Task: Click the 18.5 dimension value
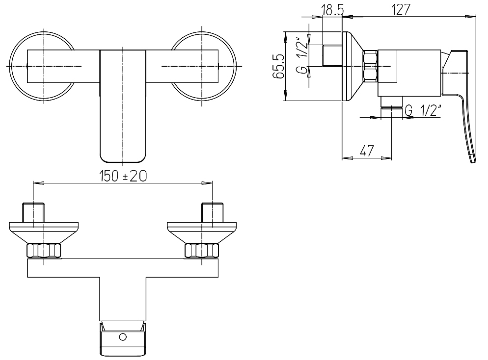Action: (x=333, y=10)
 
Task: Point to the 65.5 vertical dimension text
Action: (x=279, y=66)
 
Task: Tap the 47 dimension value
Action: (x=367, y=151)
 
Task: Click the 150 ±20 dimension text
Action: (x=123, y=176)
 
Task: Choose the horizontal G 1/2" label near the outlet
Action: (x=423, y=110)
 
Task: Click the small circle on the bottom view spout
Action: (x=123, y=336)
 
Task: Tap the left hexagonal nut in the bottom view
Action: (x=44, y=251)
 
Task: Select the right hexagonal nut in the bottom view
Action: (x=202, y=251)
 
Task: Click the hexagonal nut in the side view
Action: (x=370, y=66)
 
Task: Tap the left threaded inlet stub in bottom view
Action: (x=33, y=213)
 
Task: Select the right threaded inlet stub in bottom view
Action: (x=213, y=213)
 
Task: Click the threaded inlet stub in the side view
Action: (x=332, y=55)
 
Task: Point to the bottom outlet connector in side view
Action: (x=391, y=103)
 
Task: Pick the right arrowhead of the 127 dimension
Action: (x=470, y=17)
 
